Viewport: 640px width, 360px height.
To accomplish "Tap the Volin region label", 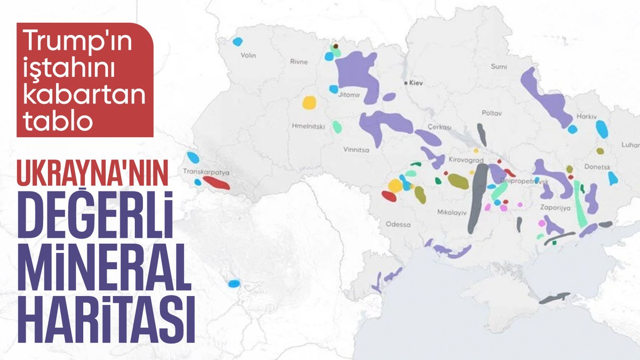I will (x=249, y=55).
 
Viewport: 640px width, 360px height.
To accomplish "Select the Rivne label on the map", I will (x=299, y=62).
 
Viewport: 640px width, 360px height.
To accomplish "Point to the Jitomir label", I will (x=350, y=96).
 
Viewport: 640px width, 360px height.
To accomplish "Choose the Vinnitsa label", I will (x=356, y=150).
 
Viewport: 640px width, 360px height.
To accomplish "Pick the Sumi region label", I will (x=499, y=66).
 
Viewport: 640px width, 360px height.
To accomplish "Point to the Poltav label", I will (x=492, y=113).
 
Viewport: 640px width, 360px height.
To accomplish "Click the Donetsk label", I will (x=599, y=167).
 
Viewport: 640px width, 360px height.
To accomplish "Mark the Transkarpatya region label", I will (x=206, y=172).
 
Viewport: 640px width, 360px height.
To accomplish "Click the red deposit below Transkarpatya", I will (x=216, y=183).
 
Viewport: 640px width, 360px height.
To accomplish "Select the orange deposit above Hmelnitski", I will (x=309, y=102).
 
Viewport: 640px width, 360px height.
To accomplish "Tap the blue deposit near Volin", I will (x=238, y=41).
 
